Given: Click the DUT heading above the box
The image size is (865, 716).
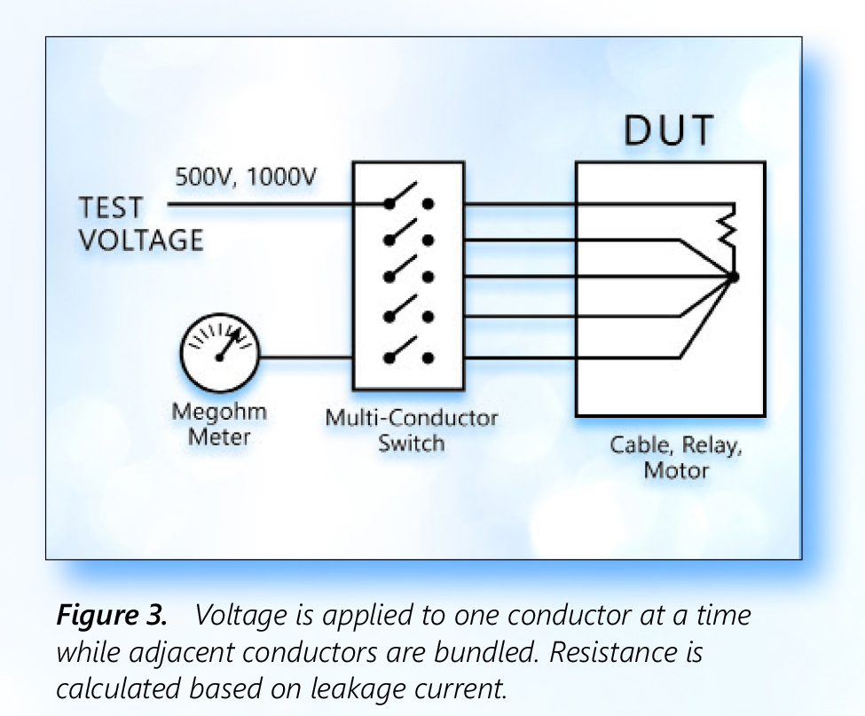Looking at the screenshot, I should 669,131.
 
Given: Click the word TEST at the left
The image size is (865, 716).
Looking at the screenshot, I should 110,209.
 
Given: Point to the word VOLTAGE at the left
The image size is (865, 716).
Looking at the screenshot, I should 141,240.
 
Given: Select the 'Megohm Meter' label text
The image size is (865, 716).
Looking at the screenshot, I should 219,425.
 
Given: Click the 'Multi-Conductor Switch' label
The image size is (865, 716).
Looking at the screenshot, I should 411,429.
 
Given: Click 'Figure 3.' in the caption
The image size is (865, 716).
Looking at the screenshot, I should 113,614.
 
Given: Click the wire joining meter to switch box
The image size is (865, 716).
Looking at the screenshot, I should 307,358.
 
